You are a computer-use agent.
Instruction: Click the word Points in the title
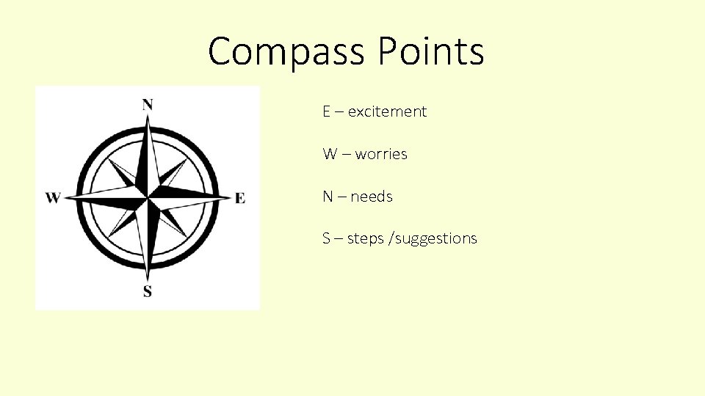(431, 51)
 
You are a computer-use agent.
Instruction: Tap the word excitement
(387, 111)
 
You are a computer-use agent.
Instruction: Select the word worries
(381, 154)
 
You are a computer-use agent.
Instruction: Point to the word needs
(372, 197)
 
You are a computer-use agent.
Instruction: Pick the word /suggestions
(435, 239)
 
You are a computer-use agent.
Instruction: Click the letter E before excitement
(326, 111)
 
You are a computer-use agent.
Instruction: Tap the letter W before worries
(329, 154)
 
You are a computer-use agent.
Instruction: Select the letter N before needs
(328, 197)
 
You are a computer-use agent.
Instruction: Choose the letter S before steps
(326, 238)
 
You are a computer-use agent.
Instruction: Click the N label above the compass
(148, 104)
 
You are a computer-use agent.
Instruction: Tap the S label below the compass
(148, 292)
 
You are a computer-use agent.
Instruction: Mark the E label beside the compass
(240, 198)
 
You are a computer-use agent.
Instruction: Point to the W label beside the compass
(53, 198)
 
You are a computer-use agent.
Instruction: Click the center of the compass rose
(148, 197)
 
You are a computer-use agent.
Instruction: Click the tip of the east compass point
(230, 197)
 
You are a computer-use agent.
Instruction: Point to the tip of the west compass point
(65, 197)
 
